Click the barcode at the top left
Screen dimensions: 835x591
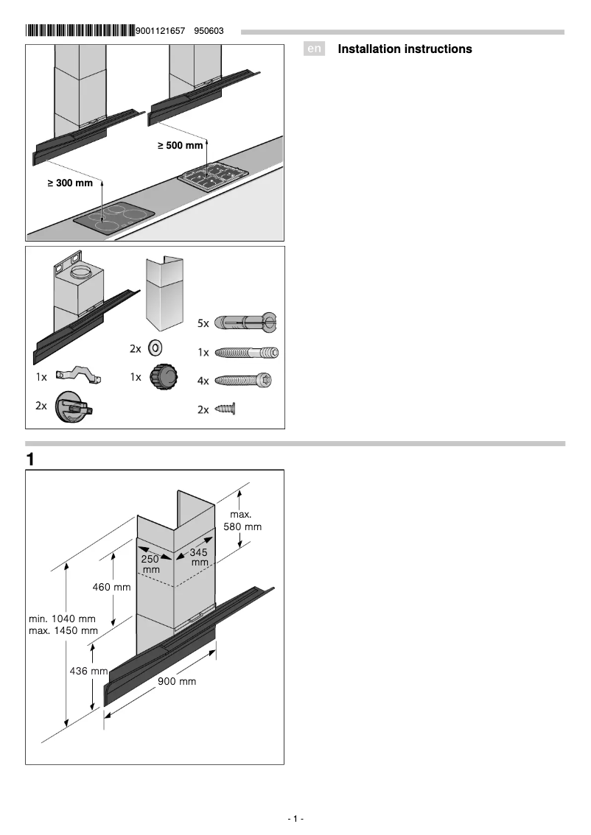click(x=80, y=31)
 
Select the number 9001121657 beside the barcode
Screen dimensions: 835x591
click(x=161, y=31)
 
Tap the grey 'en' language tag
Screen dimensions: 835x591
click(x=315, y=49)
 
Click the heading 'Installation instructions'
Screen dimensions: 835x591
click(x=405, y=49)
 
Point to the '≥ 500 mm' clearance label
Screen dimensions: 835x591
click(x=180, y=146)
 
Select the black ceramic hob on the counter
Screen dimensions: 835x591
click(x=115, y=219)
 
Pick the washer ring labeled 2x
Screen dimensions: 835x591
click(x=155, y=348)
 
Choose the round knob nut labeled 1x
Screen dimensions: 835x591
click(x=164, y=378)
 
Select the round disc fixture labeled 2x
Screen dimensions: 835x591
click(x=74, y=407)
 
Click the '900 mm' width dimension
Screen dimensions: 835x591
click(x=177, y=682)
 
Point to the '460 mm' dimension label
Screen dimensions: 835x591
click(x=111, y=587)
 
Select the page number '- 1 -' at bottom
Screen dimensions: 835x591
click(x=295, y=819)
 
